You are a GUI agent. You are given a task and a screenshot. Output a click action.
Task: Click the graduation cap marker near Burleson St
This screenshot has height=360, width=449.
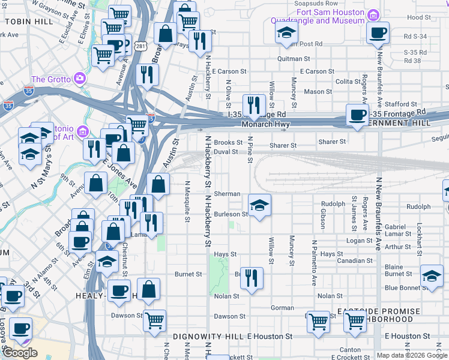click(259, 206)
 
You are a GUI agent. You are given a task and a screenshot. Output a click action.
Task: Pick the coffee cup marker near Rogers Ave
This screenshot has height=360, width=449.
click(358, 115)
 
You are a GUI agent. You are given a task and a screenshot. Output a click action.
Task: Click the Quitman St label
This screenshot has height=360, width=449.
click(294, 59)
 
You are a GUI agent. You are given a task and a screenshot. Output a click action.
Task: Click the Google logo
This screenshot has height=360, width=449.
click(20, 353)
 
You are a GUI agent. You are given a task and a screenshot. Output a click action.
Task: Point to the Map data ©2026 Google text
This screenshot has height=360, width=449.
click(412, 355)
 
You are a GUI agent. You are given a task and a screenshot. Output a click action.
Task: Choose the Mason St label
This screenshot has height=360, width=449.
click(318, 92)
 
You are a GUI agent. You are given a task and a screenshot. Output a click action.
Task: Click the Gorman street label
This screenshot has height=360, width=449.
click(282, 307)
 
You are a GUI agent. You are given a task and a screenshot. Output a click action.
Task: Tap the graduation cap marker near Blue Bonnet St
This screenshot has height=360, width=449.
click(431, 276)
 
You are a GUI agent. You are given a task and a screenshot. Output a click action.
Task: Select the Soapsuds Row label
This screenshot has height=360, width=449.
click(315, 3)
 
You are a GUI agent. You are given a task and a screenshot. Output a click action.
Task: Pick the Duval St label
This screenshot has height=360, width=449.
click(226, 152)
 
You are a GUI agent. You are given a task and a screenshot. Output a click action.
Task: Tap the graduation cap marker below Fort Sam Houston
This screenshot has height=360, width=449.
click(287, 33)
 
